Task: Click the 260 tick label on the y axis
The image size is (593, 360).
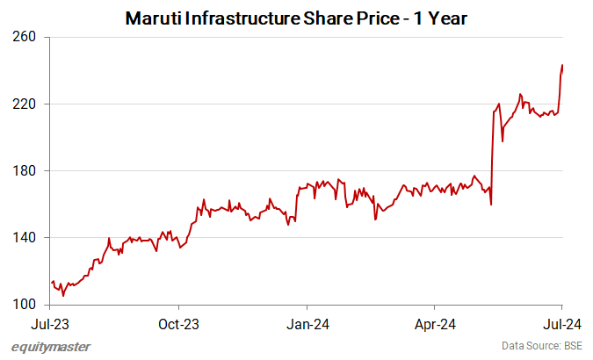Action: coord(25,37)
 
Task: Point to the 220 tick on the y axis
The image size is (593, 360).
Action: coord(25,104)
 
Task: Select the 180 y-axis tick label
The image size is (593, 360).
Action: coord(25,171)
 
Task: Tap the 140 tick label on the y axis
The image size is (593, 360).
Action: coord(25,238)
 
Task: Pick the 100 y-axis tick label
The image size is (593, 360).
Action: coord(25,305)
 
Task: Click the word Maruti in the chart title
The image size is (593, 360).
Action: coord(152,18)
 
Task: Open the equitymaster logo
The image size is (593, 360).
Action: coord(51,347)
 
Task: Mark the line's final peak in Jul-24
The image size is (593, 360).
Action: coord(562,65)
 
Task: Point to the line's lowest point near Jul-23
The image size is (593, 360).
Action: coord(62,296)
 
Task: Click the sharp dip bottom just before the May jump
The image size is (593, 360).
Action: coord(491,205)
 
